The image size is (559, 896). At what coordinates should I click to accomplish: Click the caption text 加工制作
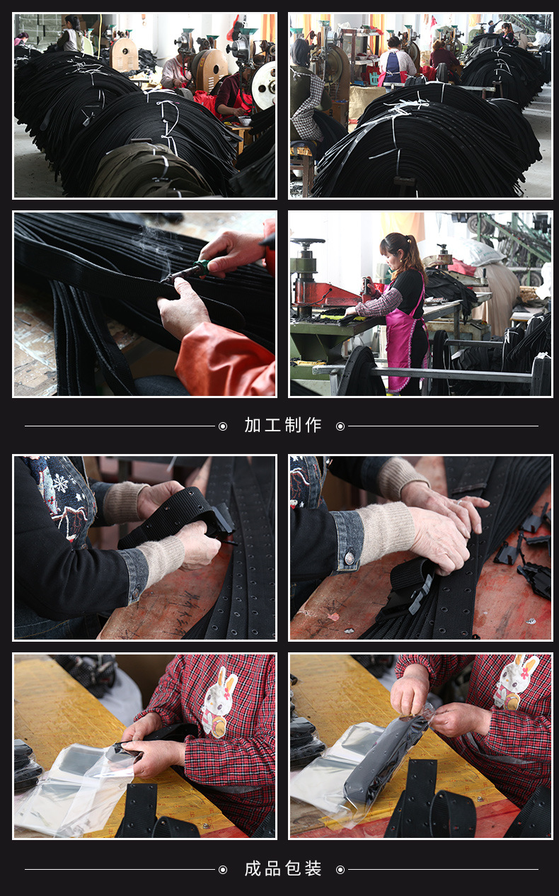pos(283,425)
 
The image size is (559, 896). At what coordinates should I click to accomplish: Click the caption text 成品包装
pos(283,868)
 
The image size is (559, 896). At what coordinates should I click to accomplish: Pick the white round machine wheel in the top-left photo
pos(265,85)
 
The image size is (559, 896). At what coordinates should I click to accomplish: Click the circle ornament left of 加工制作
pos(223,426)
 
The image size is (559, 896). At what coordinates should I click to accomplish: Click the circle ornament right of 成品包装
pos(340,869)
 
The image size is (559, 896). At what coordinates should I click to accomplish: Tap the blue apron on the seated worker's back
pos(392,67)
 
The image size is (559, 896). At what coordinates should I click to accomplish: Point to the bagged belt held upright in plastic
pos(386,758)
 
